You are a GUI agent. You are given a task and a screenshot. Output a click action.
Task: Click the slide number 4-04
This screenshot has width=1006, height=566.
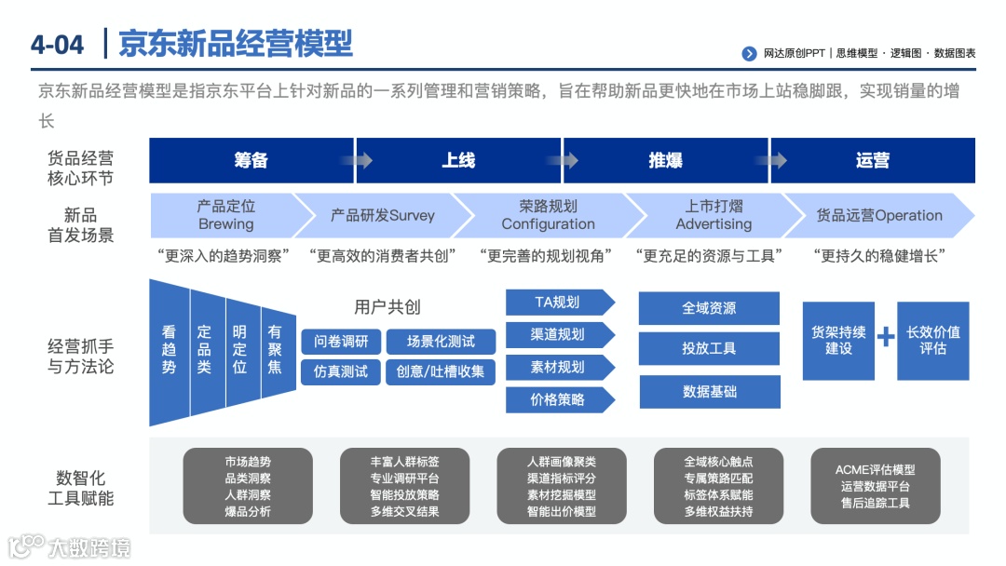[57, 44]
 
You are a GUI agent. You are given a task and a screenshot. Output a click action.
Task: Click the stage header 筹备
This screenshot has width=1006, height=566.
[251, 160]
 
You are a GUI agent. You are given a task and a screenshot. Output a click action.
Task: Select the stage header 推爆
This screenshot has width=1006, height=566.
[665, 160]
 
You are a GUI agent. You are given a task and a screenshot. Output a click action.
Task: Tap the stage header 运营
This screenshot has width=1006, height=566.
[872, 160]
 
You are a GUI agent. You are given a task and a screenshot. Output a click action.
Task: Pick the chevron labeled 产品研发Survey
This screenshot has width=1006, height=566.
[382, 215]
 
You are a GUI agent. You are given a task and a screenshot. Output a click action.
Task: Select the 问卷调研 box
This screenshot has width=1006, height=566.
[341, 342]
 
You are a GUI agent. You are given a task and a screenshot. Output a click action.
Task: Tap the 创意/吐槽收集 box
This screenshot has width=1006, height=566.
[440, 371]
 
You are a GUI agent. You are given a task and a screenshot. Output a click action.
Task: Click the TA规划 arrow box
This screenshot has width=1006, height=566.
[557, 302]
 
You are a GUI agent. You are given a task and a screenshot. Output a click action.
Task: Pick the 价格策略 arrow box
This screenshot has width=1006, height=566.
[557, 399]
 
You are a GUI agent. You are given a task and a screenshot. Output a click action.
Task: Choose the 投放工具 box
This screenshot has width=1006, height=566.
[709, 348]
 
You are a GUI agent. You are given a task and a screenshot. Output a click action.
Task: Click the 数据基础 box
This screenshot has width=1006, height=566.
[709, 392]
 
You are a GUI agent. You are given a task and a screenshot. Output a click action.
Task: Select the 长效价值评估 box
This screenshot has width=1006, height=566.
[932, 340]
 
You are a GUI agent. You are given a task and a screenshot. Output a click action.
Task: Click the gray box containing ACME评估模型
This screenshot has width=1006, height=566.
[875, 486]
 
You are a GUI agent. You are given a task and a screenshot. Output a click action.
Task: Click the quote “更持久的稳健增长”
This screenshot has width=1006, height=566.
[878, 255]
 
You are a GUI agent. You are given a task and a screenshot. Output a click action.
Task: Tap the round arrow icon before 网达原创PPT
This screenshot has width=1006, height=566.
[749, 54]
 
